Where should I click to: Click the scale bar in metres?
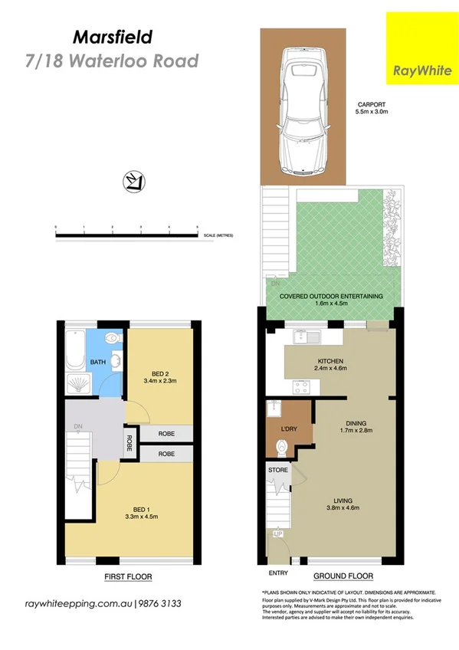[x=126, y=233]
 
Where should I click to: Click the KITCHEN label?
[x=330, y=361]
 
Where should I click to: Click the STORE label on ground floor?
[x=277, y=468]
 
